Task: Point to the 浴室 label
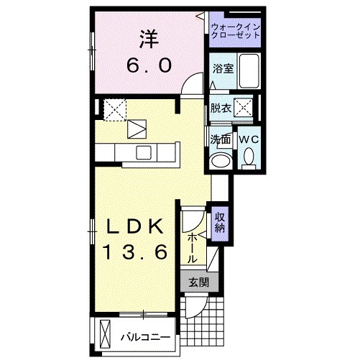222,69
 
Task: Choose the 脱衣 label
221,109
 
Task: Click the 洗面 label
220,139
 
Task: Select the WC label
249,139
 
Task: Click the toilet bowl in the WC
249,157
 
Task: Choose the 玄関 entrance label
199,283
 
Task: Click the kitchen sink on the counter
143,152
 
